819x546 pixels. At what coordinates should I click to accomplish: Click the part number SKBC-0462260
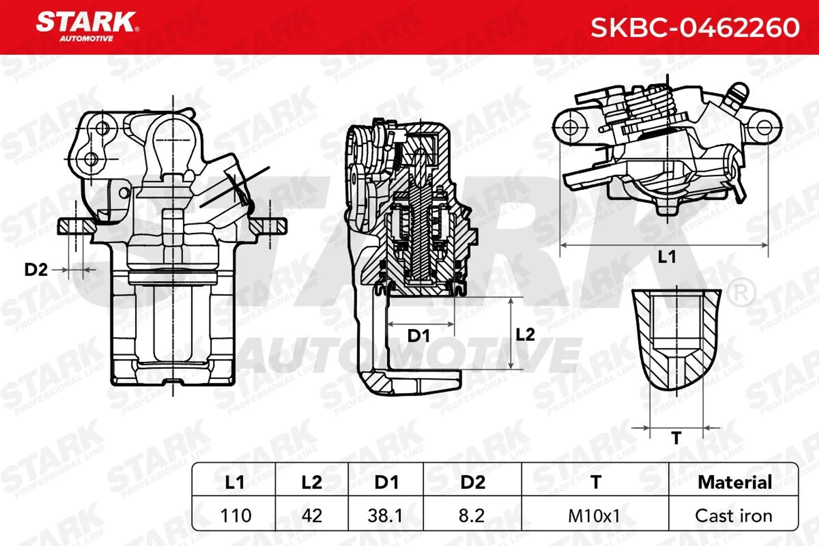click(695, 28)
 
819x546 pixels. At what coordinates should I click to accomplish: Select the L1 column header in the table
click(234, 482)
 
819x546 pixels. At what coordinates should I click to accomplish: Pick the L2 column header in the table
click(312, 482)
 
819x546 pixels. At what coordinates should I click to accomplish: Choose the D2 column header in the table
click(473, 482)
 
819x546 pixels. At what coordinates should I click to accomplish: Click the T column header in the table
click(596, 482)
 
